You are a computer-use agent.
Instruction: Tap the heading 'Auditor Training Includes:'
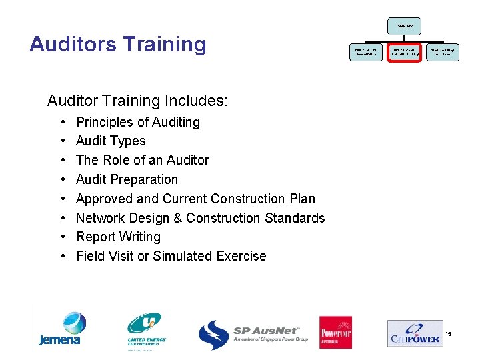click(x=137, y=101)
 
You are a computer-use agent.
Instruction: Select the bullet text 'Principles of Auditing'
click(x=138, y=122)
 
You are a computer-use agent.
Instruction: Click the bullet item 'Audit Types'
click(x=111, y=141)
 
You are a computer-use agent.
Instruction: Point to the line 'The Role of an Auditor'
click(x=143, y=160)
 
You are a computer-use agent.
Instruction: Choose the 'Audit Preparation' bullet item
click(x=127, y=179)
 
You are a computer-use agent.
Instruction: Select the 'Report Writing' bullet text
click(x=118, y=237)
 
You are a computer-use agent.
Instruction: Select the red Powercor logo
click(x=335, y=331)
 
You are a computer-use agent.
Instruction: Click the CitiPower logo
click(x=414, y=332)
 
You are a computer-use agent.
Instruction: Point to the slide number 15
click(x=448, y=333)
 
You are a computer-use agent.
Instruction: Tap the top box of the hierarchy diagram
click(x=404, y=26)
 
